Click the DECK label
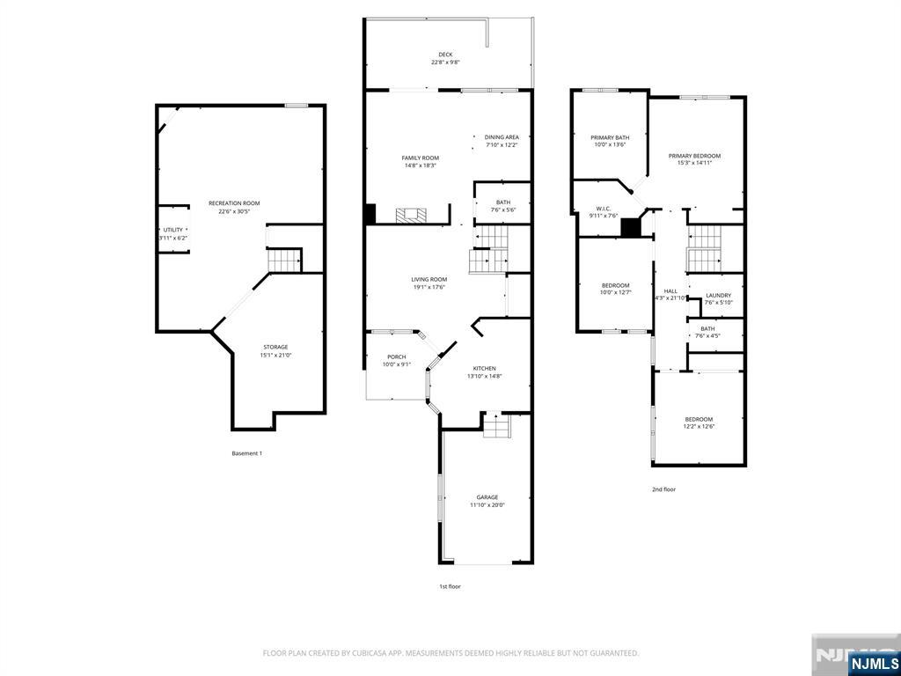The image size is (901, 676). (x=445, y=55)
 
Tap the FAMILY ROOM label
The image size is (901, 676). (x=420, y=158)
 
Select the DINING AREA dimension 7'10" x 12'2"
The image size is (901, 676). (x=502, y=145)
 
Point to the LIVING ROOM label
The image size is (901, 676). (x=429, y=280)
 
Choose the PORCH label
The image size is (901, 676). (x=397, y=357)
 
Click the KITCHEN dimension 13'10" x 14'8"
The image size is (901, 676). (x=484, y=377)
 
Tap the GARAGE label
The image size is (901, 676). (x=487, y=497)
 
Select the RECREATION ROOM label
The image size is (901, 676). (x=234, y=203)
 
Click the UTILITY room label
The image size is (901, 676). (x=173, y=230)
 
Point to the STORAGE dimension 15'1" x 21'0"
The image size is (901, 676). (x=275, y=356)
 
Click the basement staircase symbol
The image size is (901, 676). (x=285, y=261)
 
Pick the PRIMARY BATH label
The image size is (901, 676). (x=610, y=137)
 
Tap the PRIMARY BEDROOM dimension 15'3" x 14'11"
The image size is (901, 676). (x=694, y=163)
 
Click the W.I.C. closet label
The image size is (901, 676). (x=604, y=209)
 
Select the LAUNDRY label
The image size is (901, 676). (x=718, y=296)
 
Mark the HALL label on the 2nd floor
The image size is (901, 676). (x=670, y=290)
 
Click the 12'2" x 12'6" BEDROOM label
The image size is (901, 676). (x=699, y=419)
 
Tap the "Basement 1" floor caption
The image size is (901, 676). (x=246, y=453)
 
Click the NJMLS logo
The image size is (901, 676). (x=872, y=663)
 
